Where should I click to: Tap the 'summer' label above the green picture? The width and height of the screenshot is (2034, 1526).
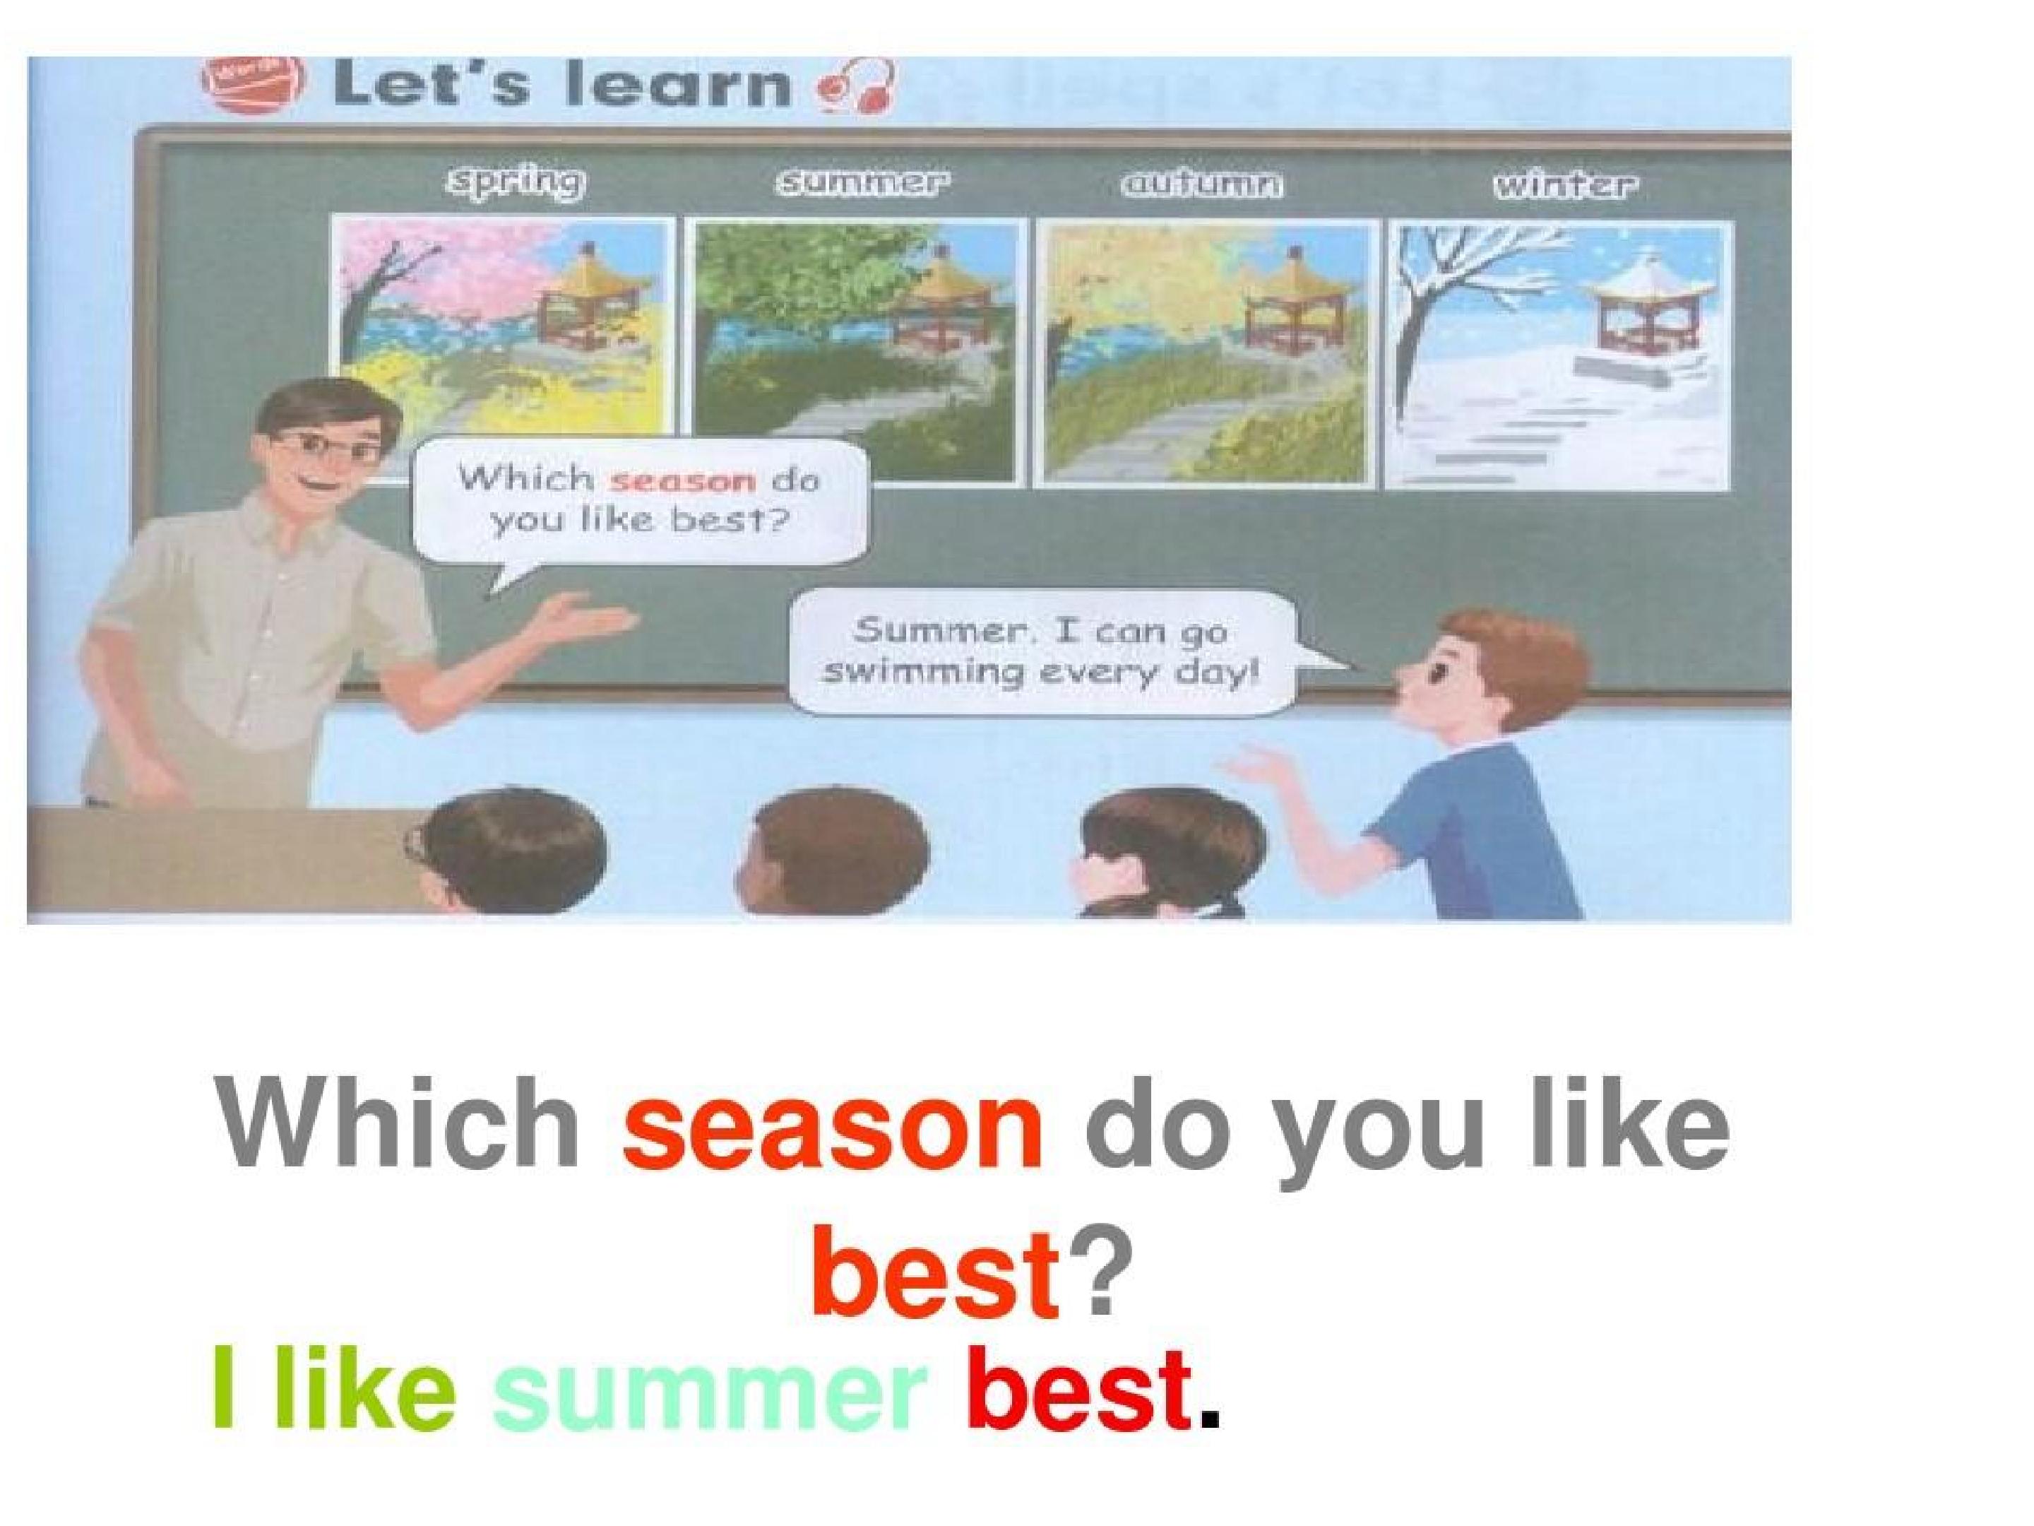(x=861, y=183)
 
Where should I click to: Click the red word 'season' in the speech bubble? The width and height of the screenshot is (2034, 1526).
(x=682, y=480)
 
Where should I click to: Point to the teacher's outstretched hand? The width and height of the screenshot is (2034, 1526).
(x=588, y=615)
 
